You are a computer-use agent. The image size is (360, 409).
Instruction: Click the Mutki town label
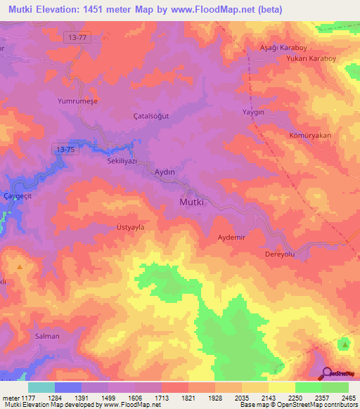(x=187, y=202)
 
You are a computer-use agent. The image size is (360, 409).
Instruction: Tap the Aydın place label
(x=164, y=171)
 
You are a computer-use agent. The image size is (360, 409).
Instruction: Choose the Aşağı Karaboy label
(x=274, y=48)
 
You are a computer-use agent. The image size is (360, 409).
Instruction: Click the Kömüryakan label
(x=309, y=135)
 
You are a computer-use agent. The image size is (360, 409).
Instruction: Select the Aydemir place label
(x=231, y=238)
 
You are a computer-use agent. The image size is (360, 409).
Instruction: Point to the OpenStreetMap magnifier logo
(x=327, y=372)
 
